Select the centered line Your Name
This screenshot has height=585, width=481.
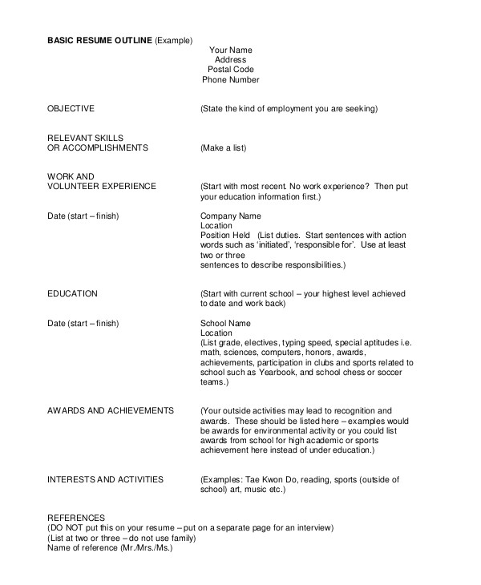[230, 50]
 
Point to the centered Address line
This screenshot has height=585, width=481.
[230, 60]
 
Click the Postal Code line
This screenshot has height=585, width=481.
[230, 70]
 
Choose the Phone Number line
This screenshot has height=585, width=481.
[230, 79]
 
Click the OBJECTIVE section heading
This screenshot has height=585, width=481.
[71, 108]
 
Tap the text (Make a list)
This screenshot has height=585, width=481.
[223, 148]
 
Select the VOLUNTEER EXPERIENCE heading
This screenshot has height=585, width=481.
[102, 187]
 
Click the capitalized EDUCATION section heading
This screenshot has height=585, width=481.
[73, 294]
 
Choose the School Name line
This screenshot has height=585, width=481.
[225, 323]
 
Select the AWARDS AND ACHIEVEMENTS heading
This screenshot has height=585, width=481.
[111, 411]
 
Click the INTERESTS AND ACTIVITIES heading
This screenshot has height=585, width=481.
[105, 479]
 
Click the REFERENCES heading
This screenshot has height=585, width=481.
[76, 518]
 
